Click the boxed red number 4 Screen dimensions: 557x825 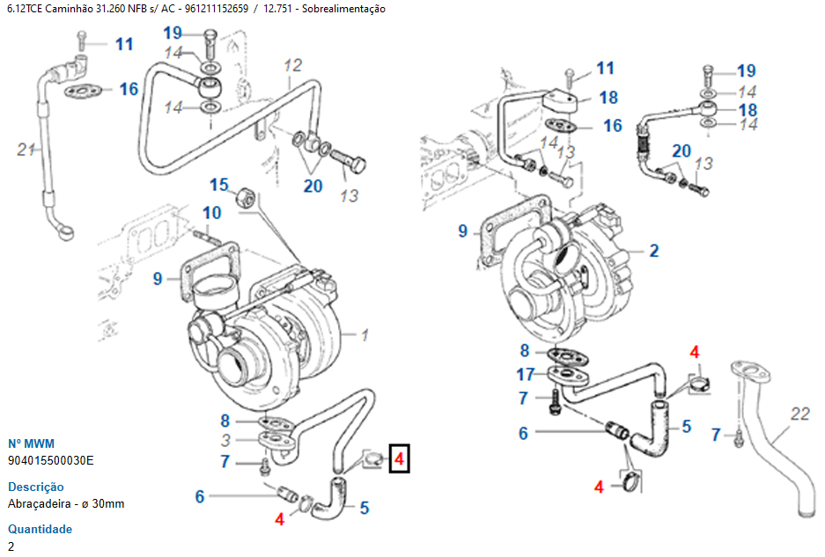tap(399, 458)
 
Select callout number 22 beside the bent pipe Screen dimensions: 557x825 tap(799, 414)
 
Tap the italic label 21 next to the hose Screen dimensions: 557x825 tap(26, 150)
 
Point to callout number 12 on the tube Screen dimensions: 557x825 tap(292, 65)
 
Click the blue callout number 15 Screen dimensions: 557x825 tap(218, 185)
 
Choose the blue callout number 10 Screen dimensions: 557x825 tap(212, 213)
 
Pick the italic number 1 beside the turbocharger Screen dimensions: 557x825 tap(365, 334)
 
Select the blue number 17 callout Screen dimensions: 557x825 tap(526, 373)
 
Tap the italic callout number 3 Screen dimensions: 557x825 tap(225, 440)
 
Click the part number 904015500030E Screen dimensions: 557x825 tap(50, 460)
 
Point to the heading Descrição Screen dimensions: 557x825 tap(35, 487)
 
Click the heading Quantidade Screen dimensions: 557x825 tap(40, 530)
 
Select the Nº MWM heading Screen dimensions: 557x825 tap(31, 443)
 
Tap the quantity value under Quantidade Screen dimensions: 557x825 tap(11, 546)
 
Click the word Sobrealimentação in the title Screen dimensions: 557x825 tap(343, 9)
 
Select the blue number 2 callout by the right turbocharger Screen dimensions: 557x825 tap(653, 251)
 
